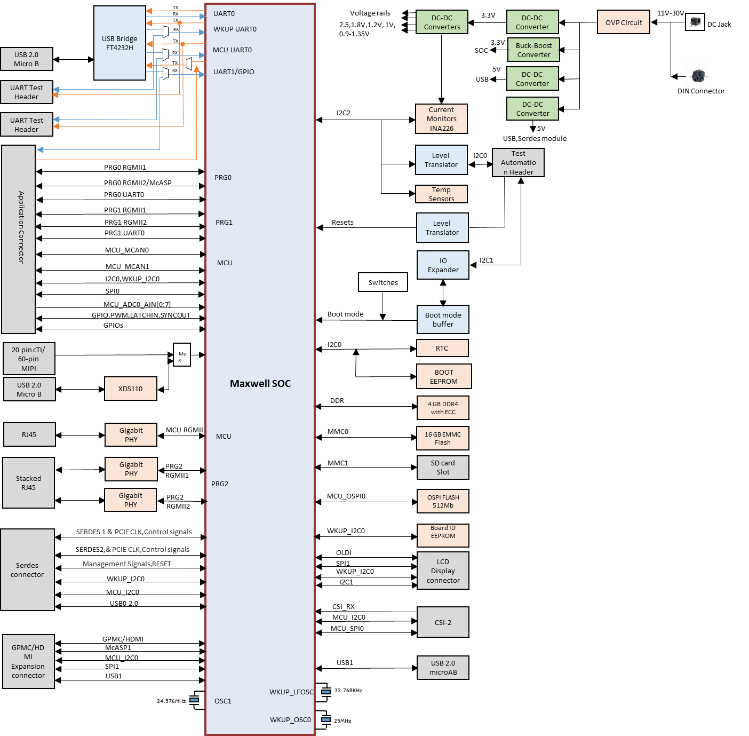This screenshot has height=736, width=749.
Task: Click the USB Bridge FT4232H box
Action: (119, 43)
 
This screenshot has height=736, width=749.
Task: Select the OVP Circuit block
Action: (623, 22)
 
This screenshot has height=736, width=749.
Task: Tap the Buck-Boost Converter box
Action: (533, 50)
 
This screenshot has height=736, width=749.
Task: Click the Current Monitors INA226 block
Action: (441, 118)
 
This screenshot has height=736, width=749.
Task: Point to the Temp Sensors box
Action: (441, 194)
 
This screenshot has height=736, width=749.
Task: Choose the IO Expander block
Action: (443, 265)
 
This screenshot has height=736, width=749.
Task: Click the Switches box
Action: (383, 282)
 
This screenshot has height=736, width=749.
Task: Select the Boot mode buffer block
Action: (443, 319)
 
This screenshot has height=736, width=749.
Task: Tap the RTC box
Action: (442, 348)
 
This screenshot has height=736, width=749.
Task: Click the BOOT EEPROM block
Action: (443, 376)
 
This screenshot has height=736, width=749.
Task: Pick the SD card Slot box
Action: (443, 468)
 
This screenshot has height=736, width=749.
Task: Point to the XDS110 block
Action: (130, 389)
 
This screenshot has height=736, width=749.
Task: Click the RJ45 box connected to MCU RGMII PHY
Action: (29, 434)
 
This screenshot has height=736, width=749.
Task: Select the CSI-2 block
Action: (443, 622)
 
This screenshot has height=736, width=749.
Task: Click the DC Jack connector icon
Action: (695, 22)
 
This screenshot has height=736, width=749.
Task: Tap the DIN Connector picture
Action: (698, 76)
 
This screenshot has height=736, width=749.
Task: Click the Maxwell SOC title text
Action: (260, 383)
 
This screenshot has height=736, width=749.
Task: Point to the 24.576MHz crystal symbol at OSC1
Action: (195, 700)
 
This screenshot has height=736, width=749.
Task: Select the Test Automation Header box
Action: (518, 162)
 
